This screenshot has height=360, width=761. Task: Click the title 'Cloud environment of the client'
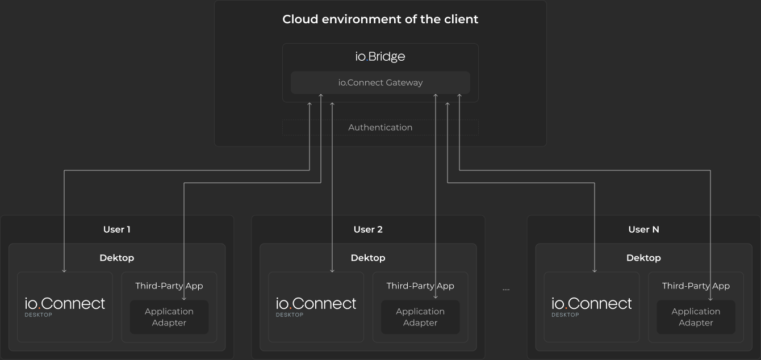(x=380, y=19)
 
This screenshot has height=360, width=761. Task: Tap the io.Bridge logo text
(x=380, y=57)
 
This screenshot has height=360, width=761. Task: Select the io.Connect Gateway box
(x=380, y=82)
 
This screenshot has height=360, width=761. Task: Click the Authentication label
(x=380, y=127)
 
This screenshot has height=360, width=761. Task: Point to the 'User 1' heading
(x=117, y=229)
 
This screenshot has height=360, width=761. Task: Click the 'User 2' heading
(x=368, y=229)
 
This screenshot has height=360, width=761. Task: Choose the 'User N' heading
(x=643, y=229)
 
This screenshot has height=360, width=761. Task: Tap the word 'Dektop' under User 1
(x=117, y=258)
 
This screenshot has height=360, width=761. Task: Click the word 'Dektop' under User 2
(x=368, y=258)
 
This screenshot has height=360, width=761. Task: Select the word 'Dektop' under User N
(x=643, y=258)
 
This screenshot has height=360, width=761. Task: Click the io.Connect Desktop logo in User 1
(x=65, y=305)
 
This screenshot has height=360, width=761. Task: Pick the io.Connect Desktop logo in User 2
(x=316, y=305)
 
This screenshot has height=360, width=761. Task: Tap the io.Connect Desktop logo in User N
(x=591, y=305)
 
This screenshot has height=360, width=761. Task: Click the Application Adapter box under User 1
(x=169, y=317)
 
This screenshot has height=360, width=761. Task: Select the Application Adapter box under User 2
(x=420, y=317)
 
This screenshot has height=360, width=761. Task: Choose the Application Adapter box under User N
(x=696, y=317)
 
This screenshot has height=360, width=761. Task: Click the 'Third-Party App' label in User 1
(x=169, y=286)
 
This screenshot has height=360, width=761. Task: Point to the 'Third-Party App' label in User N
(x=696, y=286)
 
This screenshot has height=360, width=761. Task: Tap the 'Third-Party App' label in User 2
(x=420, y=286)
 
